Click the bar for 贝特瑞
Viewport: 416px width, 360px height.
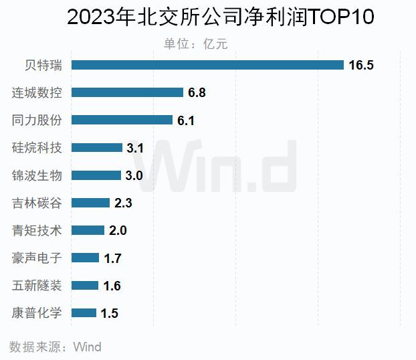[x=207, y=65]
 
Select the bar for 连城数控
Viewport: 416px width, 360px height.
[x=127, y=92]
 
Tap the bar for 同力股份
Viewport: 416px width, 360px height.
[x=122, y=120]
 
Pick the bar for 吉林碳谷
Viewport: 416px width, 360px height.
[x=90, y=203]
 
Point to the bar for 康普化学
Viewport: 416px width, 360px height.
[x=84, y=312]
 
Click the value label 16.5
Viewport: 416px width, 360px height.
[x=361, y=65]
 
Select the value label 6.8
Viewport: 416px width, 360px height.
[x=197, y=93]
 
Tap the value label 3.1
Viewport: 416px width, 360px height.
[x=135, y=148]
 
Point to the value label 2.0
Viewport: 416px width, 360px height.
[x=118, y=231]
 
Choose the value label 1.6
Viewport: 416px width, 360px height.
[x=112, y=286]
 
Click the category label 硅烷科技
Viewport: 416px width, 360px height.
[x=37, y=148]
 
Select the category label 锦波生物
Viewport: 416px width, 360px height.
[x=37, y=175]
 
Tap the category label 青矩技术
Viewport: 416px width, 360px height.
[x=37, y=230]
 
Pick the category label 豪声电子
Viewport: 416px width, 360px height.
[x=37, y=258]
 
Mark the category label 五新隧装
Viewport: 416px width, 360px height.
[x=37, y=285]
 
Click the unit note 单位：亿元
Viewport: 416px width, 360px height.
[x=196, y=43]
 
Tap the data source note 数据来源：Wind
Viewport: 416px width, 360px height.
[x=56, y=347]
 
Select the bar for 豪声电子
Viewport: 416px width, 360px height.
[x=85, y=258]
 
